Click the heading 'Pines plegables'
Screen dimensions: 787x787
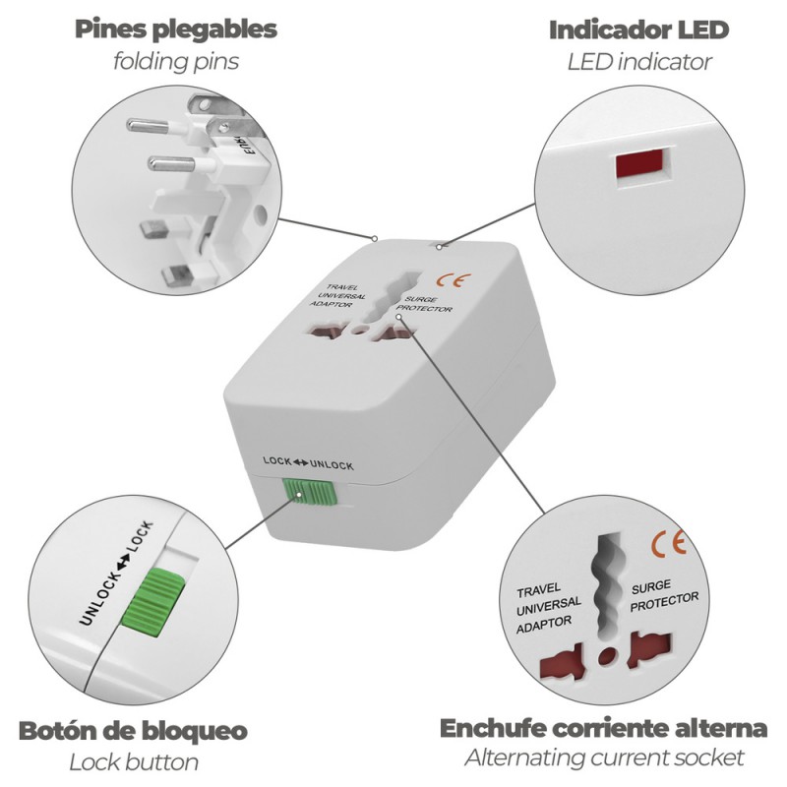point(175,30)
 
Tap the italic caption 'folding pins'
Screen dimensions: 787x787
point(175,62)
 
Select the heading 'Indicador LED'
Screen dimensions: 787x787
point(638,30)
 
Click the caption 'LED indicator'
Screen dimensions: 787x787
point(638,62)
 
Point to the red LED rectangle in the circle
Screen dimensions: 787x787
point(641,166)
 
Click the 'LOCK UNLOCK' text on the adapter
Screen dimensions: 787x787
point(308,463)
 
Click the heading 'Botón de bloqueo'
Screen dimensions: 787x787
point(133,731)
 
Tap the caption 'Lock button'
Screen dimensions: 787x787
point(133,762)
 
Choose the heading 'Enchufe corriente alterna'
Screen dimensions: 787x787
point(603,729)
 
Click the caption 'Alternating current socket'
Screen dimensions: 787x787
point(603,758)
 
